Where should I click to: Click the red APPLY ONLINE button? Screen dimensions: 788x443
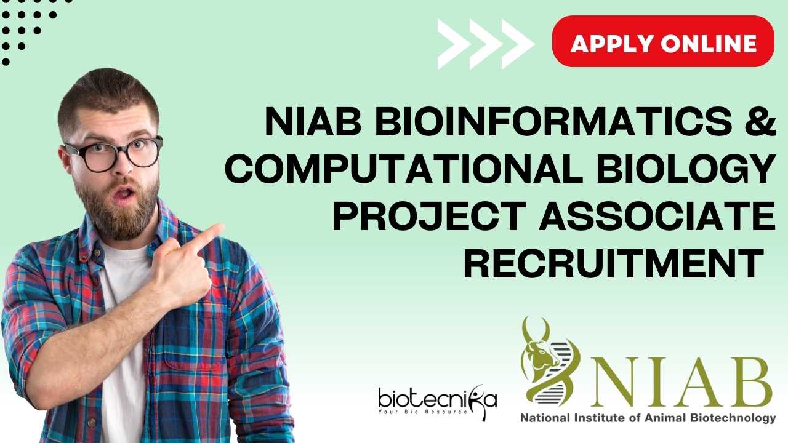coord(663,41)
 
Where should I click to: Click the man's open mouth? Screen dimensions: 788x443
coord(124,193)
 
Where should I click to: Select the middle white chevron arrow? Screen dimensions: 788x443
coord(486,44)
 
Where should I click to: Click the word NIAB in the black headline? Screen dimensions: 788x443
coord(313,121)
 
